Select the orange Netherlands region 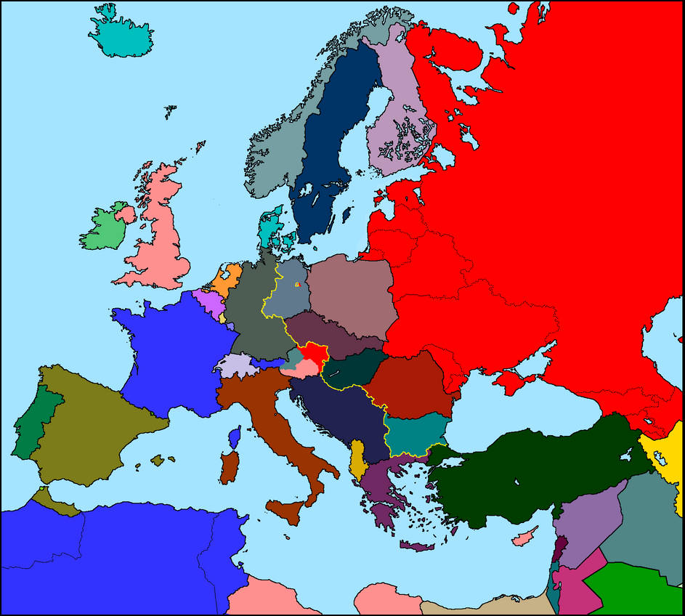pos(227,279)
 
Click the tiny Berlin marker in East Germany pos(297,285)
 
